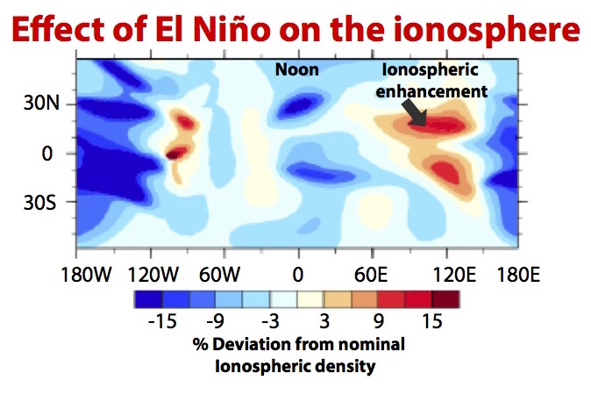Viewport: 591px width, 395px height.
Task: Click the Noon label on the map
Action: pos(296,69)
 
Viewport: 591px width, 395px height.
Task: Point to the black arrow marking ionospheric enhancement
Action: pos(414,111)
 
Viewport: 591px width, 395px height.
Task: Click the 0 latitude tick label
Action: pos(47,153)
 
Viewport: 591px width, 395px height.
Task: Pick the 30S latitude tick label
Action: pos(40,202)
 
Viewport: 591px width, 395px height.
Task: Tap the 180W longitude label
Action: pos(86,274)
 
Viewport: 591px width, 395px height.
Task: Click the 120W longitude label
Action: pos(153,274)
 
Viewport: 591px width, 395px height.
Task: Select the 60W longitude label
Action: pos(219,274)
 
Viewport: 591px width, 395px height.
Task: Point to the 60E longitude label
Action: pos(371,274)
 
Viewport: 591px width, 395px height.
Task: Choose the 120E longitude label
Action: pos(454,274)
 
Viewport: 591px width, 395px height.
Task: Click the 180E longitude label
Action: pos(518,274)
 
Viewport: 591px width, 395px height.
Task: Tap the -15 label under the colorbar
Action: pos(162,321)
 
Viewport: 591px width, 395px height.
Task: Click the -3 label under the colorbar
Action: pos(271,321)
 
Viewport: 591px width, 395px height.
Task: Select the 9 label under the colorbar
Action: pos(379,321)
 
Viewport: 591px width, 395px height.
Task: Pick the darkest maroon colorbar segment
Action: pos(445,299)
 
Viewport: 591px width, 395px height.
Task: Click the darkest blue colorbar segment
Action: pos(148,299)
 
